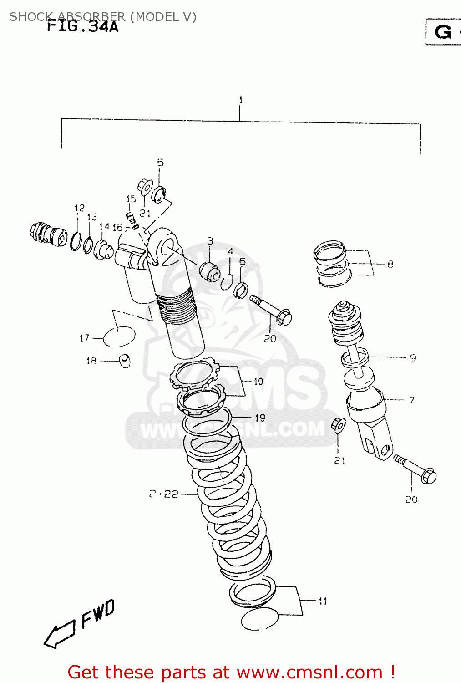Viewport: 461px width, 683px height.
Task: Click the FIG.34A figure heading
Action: pyautogui.click(x=83, y=26)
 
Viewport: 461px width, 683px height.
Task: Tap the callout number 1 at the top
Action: pyautogui.click(x=240, y=100)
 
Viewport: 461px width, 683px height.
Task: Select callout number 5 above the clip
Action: pyautogui.click(x=160, y=163)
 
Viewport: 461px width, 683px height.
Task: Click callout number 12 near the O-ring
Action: pyautogui.click(x=80, y=208)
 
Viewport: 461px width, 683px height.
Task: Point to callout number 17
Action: pyautogui.click(x=84, y=338)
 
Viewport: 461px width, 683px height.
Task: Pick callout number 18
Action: pyautogui.click(x=91, y=361)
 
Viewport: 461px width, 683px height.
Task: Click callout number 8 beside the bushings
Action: pyautogui.click(x=390, y=264)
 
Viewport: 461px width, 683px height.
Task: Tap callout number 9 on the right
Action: pyautogui.click(x=413, y=358)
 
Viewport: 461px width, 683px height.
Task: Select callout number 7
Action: pyautogui.click(x=412, y=400)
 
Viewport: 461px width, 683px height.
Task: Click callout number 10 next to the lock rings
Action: pyautogui.click(x=258, y=382)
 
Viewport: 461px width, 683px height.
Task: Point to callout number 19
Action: pyautogui.click(x=260, y=418)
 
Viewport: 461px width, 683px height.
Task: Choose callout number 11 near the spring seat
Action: pyautogui.click(x=323, y=601)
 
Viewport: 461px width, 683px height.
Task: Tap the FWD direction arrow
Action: pyautogui.click(x=59, y=634)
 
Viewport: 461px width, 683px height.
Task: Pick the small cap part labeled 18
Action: pyautogui.click(x=125, y=360)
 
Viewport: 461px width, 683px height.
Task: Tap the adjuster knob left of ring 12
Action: pyautogui.click(x=47, y=233)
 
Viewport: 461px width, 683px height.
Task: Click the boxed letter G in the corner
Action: pyautogui.click(x=443, y=32)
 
